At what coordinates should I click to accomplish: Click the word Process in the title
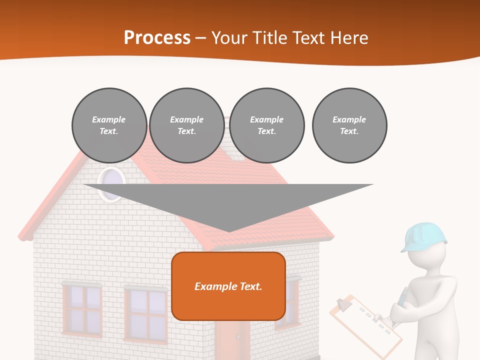(157, 37)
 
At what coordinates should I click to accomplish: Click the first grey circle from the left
(109, 125)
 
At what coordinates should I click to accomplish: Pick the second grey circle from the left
(186, 125)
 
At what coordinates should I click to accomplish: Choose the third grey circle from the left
(266, 125)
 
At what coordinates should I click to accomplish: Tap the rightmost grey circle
(349, 125)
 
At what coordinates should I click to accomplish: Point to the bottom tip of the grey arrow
(229, 230)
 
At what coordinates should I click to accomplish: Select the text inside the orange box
(228, 286)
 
